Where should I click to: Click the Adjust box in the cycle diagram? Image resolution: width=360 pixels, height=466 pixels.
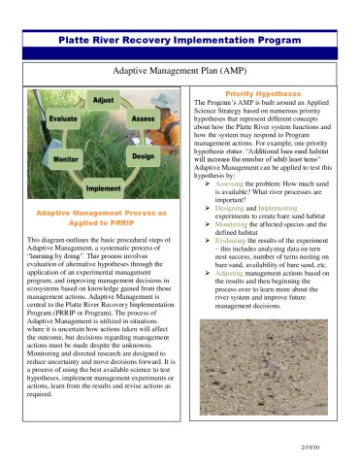102,101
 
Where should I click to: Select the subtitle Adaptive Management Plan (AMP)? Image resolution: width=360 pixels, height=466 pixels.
180,72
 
